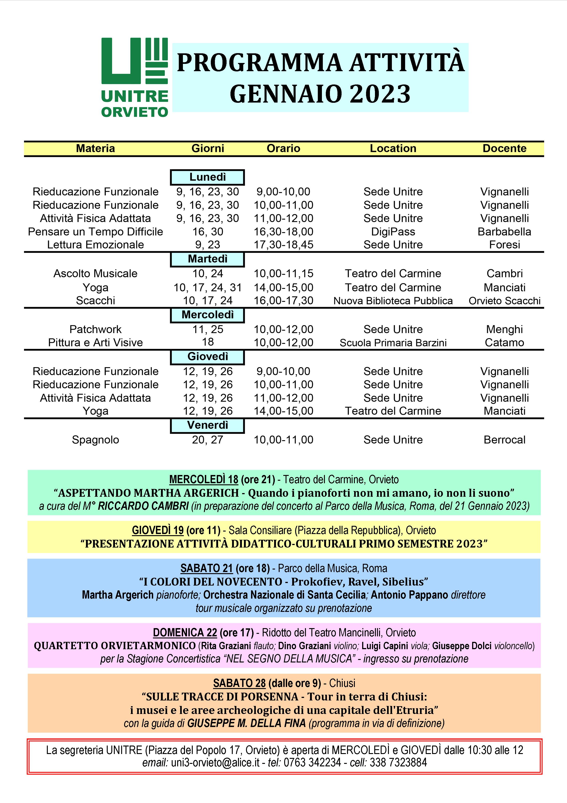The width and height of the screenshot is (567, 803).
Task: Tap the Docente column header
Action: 504,148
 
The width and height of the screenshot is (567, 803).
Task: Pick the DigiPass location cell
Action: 393,231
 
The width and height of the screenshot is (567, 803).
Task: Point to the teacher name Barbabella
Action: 504,231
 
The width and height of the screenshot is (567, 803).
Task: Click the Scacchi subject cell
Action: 95,300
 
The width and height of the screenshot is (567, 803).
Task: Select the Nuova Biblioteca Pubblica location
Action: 393,301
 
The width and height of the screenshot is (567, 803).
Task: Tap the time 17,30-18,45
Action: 283,245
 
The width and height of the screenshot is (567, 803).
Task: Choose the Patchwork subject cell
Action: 95,329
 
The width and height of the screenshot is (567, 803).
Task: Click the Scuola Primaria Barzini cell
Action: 393,343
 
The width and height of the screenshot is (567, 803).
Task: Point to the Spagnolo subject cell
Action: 95,440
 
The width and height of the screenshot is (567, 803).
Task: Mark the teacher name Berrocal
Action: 504,440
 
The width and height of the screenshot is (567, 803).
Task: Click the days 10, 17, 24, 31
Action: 208,288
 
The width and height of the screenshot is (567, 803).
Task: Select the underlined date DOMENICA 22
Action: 185,632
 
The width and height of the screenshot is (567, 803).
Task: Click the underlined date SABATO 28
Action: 239,683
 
